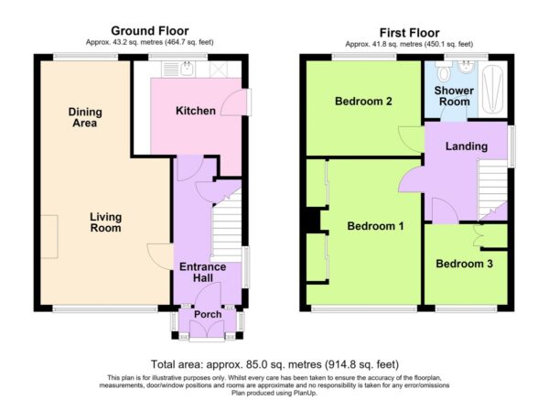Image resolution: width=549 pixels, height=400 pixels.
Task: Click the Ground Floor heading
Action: point(150,31)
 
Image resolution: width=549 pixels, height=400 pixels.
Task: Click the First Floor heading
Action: point(409,33)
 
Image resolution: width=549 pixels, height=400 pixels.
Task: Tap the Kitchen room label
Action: point(196,111)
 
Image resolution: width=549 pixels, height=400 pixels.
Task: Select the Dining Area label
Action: point(85,117)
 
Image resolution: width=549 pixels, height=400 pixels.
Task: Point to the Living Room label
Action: point(106,222)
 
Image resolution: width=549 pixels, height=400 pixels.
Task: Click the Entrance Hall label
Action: point(203,272)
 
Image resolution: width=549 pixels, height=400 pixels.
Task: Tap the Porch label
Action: point(208,314)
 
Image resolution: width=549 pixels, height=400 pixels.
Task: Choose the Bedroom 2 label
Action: point(363,102)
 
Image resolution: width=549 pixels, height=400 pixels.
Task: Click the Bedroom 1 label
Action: point(375,226)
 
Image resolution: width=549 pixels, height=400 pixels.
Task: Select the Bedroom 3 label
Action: point(464,264)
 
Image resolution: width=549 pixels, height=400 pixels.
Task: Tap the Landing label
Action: point(467,146)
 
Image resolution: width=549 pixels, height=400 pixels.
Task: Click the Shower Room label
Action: point(454,96)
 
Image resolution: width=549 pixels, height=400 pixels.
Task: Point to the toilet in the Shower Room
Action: point(444,71)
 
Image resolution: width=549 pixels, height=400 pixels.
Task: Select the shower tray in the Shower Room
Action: point(492,90)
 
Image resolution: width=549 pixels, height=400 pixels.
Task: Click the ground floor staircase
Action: point(227,226)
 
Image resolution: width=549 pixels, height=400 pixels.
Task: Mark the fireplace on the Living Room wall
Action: point(49,237)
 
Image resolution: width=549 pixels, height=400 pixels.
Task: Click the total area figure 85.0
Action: point(255,364)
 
